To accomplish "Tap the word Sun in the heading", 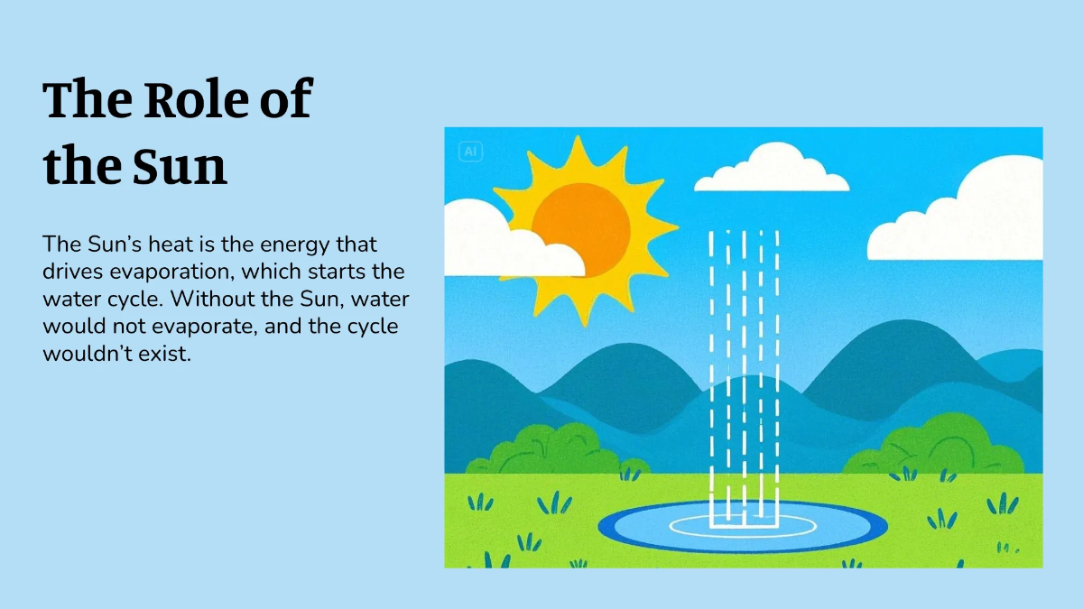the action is click(180, 166).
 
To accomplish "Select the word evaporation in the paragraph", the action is click(172, 272).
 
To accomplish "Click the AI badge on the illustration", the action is click(470, 152).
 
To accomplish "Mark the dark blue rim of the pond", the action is click(743, 549).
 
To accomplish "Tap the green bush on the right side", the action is click(936, 446).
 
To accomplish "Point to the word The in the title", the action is click(88, 99).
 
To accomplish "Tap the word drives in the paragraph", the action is click(72, 272).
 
